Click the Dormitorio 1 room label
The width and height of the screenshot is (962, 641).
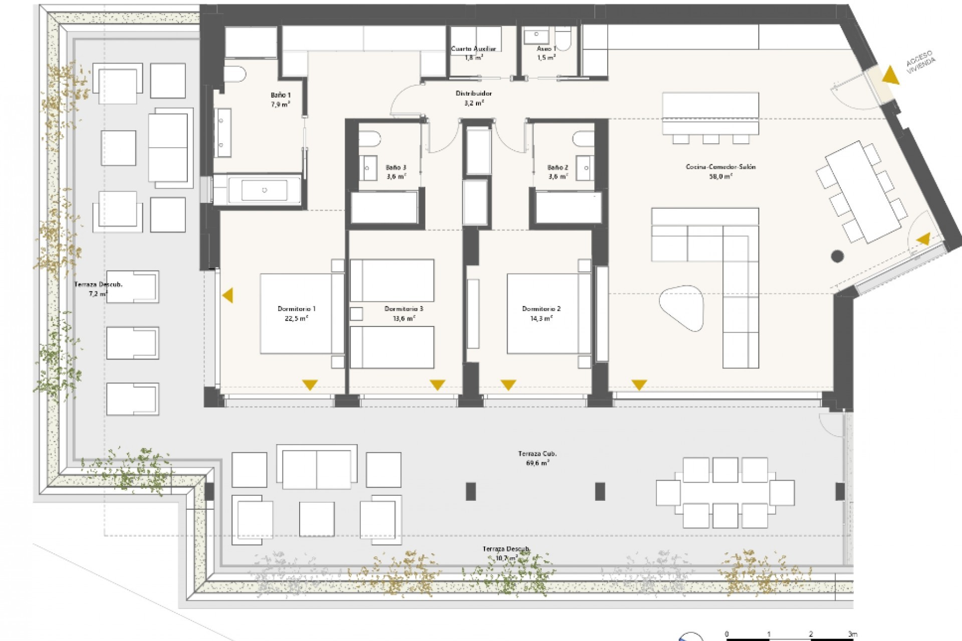(x=297, y=309)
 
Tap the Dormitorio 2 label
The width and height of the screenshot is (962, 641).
(x=541, y=309)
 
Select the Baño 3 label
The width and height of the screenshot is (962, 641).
(x=396, y=167)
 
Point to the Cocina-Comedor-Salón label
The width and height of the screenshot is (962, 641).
(x=720, y=167)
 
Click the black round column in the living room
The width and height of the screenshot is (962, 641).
(x=837, y=257)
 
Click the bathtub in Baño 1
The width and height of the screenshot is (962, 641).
(x=265, y=190)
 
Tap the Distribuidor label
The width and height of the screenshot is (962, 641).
(x=473, y=94)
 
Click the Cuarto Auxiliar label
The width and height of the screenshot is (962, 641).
(x=473, y=49)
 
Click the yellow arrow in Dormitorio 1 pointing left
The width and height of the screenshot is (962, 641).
(x=227, y=295)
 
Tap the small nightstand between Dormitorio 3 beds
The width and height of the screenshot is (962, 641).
(x=356, y=314)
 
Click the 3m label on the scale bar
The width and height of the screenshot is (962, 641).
(x=852, y=633)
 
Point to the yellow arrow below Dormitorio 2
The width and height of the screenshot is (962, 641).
(x=508, y=385)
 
